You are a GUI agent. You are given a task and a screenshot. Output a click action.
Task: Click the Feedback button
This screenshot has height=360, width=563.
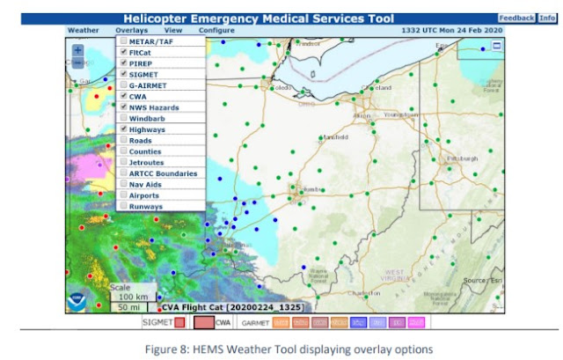coord(515,18)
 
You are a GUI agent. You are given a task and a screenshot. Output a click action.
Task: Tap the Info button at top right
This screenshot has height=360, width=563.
coord(546,18)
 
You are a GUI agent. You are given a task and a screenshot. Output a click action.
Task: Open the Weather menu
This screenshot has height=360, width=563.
coord(83,30)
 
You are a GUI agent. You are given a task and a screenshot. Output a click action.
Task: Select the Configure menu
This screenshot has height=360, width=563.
coord(216,30)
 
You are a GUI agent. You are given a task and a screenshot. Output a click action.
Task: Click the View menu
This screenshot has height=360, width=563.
coord(172,30)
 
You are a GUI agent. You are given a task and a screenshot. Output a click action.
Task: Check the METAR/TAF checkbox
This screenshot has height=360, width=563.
coord(123,41)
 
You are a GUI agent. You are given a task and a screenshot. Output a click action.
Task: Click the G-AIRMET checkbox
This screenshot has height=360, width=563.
coord(123,85)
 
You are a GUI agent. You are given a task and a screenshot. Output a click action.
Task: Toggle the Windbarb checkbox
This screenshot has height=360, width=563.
coord(123,118)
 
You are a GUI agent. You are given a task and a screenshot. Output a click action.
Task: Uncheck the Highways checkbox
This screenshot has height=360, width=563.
coord(123,129)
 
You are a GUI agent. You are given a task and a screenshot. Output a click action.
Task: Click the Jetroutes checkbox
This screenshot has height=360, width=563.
coord(123,162)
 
